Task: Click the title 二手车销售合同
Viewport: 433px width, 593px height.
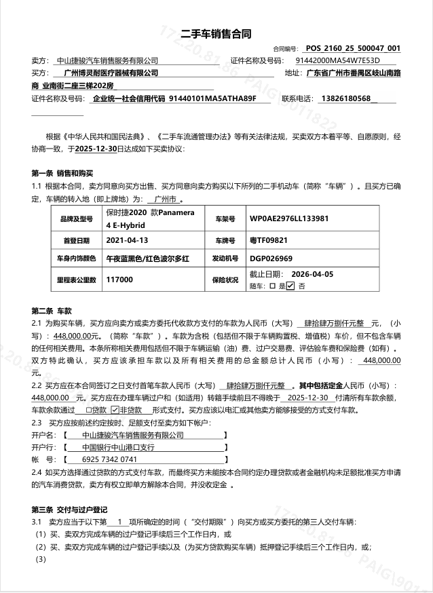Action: (217, 35)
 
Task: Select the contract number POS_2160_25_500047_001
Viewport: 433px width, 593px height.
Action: (353, 49)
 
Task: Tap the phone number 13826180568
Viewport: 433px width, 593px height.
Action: (345, 98)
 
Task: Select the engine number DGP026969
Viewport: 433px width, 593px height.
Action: (271, 259)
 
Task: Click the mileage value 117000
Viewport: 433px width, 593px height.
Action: (119, 279)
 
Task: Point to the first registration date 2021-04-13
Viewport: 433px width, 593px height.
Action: (127, 240)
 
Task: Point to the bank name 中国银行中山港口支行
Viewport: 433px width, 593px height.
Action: (118, 447)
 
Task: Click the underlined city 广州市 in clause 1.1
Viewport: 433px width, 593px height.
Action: (165, 199)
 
